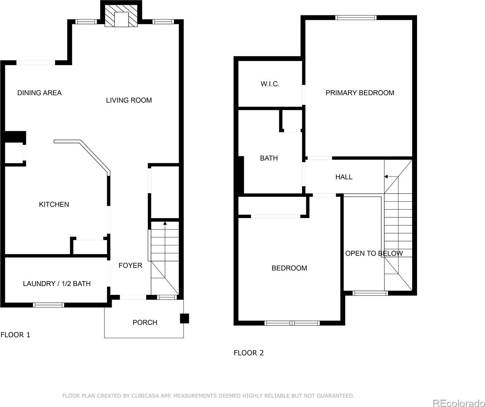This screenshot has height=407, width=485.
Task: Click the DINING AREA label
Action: (x=40, y=93)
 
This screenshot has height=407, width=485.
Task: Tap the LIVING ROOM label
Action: (x=129, y=100)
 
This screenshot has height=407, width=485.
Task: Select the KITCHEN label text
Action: (x=54, y=204)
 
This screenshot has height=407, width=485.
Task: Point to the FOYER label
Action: (x=130, y=265)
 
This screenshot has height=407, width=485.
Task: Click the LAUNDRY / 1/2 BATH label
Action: (x=57, y=284)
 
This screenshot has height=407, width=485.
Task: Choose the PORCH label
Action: (x=145, y=323)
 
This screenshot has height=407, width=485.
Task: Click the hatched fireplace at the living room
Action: (x=121, y=16)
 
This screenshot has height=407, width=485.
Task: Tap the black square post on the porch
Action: (x=184, y=318)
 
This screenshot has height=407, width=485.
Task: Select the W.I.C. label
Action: (x=270, y=84)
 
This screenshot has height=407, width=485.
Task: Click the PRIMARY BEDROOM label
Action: (x=360, y=93)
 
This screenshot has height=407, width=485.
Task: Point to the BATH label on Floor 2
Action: (x=269, y=158)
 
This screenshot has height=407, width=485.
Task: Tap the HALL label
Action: (x=344, y=177)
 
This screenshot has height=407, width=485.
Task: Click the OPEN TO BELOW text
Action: (x=374, y=253)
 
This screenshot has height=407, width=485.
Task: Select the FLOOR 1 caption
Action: (x=15, y=335)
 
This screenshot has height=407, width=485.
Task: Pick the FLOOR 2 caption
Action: (x=248, y=353)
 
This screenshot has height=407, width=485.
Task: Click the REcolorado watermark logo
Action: (x=458, y=403)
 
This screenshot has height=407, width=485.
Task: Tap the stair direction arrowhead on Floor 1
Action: (x=165, y=223)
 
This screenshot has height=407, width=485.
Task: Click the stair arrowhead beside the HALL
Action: (x=386, y=177)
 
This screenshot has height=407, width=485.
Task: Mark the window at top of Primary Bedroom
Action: (x=356, y=18)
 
